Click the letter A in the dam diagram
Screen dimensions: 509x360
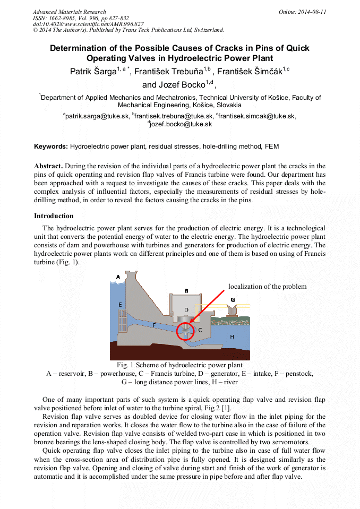click(x=118, y=277)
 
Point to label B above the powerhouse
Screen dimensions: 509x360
click(x=186, y=291)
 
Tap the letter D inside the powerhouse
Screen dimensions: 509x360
click(x=186, y=309)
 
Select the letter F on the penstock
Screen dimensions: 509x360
click(x=154, y=325)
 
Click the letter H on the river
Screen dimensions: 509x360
click(x=232, y=337)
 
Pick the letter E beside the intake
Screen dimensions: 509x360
click(x=120, y=304)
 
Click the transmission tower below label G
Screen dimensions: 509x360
click(x=233, y=310)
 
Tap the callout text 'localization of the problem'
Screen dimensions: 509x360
click(x=267, y=287)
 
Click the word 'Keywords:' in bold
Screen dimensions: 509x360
click(x=51, y=146)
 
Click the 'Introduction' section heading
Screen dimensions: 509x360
click(x=54, y=216)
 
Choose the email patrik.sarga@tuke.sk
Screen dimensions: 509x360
click(x=96, y=116)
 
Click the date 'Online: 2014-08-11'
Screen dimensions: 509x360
click(x=302, y=12)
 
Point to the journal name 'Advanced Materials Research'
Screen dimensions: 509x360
click(x=69, y=12)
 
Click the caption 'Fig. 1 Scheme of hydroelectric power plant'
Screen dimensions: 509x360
click(x=179, y=365)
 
